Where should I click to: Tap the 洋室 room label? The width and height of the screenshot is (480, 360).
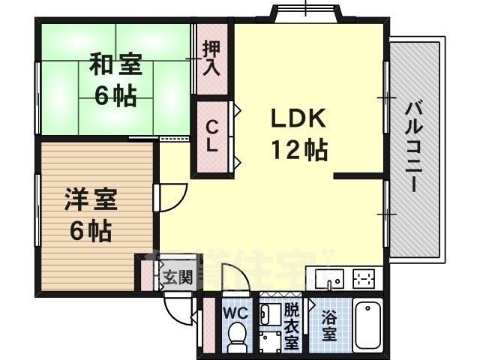(x=91, y=200)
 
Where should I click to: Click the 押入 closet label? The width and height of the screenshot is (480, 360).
(x=211, y=59)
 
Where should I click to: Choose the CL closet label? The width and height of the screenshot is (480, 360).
(x=213, y=136)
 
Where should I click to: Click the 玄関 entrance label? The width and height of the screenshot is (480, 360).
(x=178, y=277)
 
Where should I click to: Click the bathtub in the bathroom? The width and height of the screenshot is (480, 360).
(x=367, y=325)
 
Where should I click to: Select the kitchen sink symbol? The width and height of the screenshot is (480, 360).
(x=328, y=278)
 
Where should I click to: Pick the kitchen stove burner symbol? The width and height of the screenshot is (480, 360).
(x=364, y=277)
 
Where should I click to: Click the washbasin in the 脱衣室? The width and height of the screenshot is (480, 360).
(x=268, y=312)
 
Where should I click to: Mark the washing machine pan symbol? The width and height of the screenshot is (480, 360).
(x=268, y=341)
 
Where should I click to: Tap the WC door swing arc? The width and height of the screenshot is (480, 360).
(x=235, y=280)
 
